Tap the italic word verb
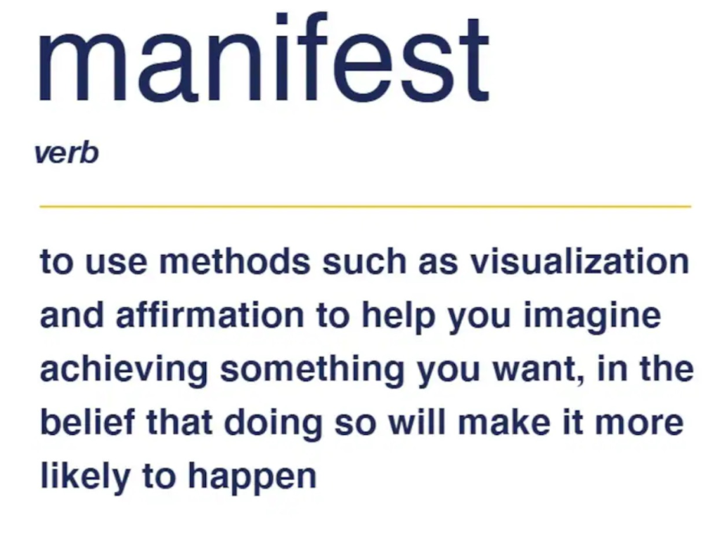click(66, 153)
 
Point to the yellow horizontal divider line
click(365, 207)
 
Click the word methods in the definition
click(235, 262)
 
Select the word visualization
click(579, 262)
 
